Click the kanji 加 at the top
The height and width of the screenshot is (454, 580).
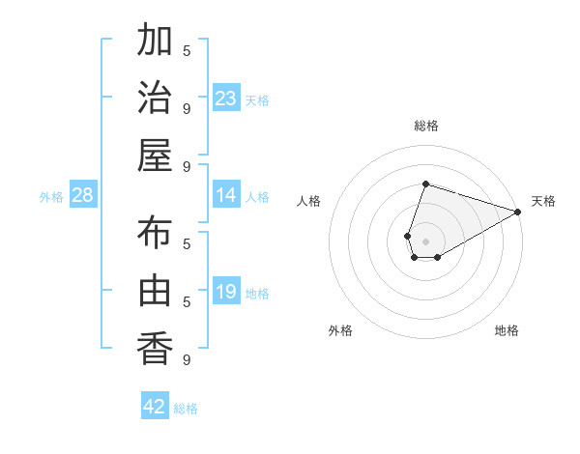pyautogui.click(x=155, y=43)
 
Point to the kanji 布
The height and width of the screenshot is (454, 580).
pyautogui.click(x=155, y=236)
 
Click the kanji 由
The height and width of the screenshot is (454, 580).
pyautogui.click(x=155, y=292)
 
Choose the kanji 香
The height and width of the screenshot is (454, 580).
pyautogui.click(x=155, y=348)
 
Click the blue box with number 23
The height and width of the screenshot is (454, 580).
pyautogui.click(x=226, y=99)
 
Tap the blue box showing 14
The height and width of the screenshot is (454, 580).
pyautogui.click(x=226, y=196)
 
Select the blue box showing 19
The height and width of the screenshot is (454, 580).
pyautogui.click(x=226, y=292)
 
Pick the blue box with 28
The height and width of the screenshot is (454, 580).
pyautogui.click(x=83, y=196)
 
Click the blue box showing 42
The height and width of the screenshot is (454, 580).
pyautogui.click(x=155, y=407)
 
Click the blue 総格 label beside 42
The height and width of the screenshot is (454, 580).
pyautogui.click(x=186, y=409)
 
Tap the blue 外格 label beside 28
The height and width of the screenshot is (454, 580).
pyautogui.click(x=51, y=197)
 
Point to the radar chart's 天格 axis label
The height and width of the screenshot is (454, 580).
pyautogui.click(x=543, y=201)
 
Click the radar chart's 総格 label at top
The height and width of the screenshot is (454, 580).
pyautogui.click(x=426, y=126)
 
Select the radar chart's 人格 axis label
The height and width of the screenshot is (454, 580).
pyautogui.click(x=309, y=201)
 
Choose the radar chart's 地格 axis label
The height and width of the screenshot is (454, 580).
pyautogui.click(x=507, y=330)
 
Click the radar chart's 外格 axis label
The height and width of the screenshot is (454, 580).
pyautogui.click(x=340, y=330)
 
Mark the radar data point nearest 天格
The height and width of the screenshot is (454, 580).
pyautogui.click(x=518, y=212)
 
